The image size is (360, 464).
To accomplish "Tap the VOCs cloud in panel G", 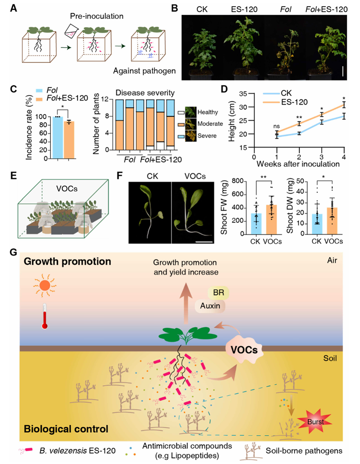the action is tap(244, 350).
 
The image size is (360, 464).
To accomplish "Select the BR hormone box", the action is tap(218, 293).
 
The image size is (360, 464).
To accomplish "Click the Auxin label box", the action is tap(210, 306).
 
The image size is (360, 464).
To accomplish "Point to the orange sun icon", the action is tap(44, 285).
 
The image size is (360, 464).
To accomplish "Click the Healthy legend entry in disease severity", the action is tap(198, 112).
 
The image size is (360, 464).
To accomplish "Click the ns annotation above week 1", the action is tap(276, 127).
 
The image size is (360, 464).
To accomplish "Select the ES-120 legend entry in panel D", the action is tap(285, 102).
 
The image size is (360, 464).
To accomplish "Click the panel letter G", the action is tap(14, 253).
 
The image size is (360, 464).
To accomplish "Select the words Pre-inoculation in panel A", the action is tap(97, 16).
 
